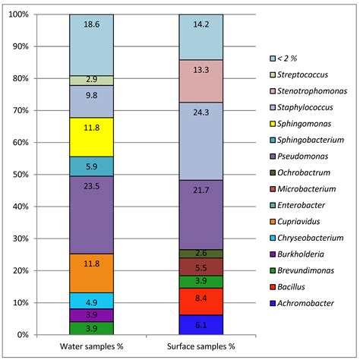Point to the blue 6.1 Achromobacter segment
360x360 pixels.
201,324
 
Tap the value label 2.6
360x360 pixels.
201,254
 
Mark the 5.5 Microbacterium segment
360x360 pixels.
201,268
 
